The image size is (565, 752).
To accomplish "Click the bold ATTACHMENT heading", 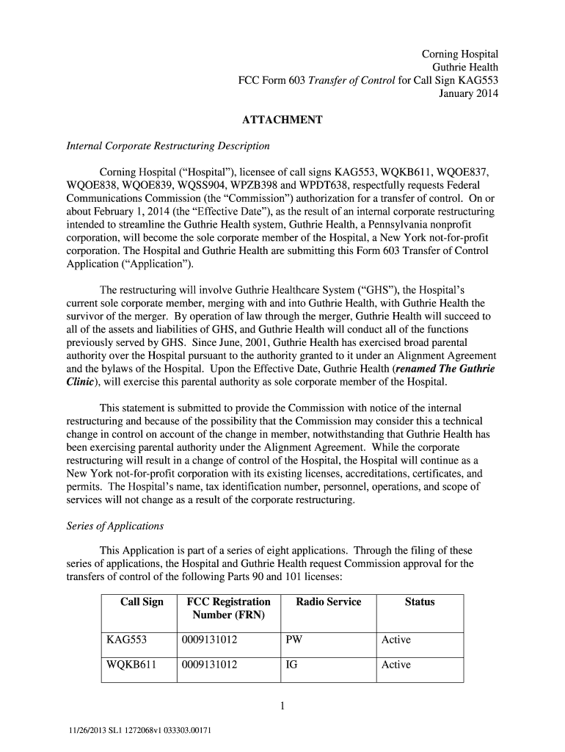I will pos(282,120).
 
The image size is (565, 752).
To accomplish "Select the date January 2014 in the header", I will pos(468,94).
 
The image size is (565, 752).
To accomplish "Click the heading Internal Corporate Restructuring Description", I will pos(158,146).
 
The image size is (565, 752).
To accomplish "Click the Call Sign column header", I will pos(142,602).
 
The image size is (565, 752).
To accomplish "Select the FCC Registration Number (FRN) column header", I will pos(228,609).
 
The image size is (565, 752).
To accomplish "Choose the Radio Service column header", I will pos(328,602).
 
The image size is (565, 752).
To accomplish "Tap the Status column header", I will pos(419,602).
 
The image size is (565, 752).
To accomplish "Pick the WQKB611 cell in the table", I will pos(131,665).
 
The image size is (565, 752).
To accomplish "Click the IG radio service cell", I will pos(291,665).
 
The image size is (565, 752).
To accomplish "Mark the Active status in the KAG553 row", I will pos(395,640).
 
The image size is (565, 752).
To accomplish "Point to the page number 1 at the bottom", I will pos(282,707).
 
